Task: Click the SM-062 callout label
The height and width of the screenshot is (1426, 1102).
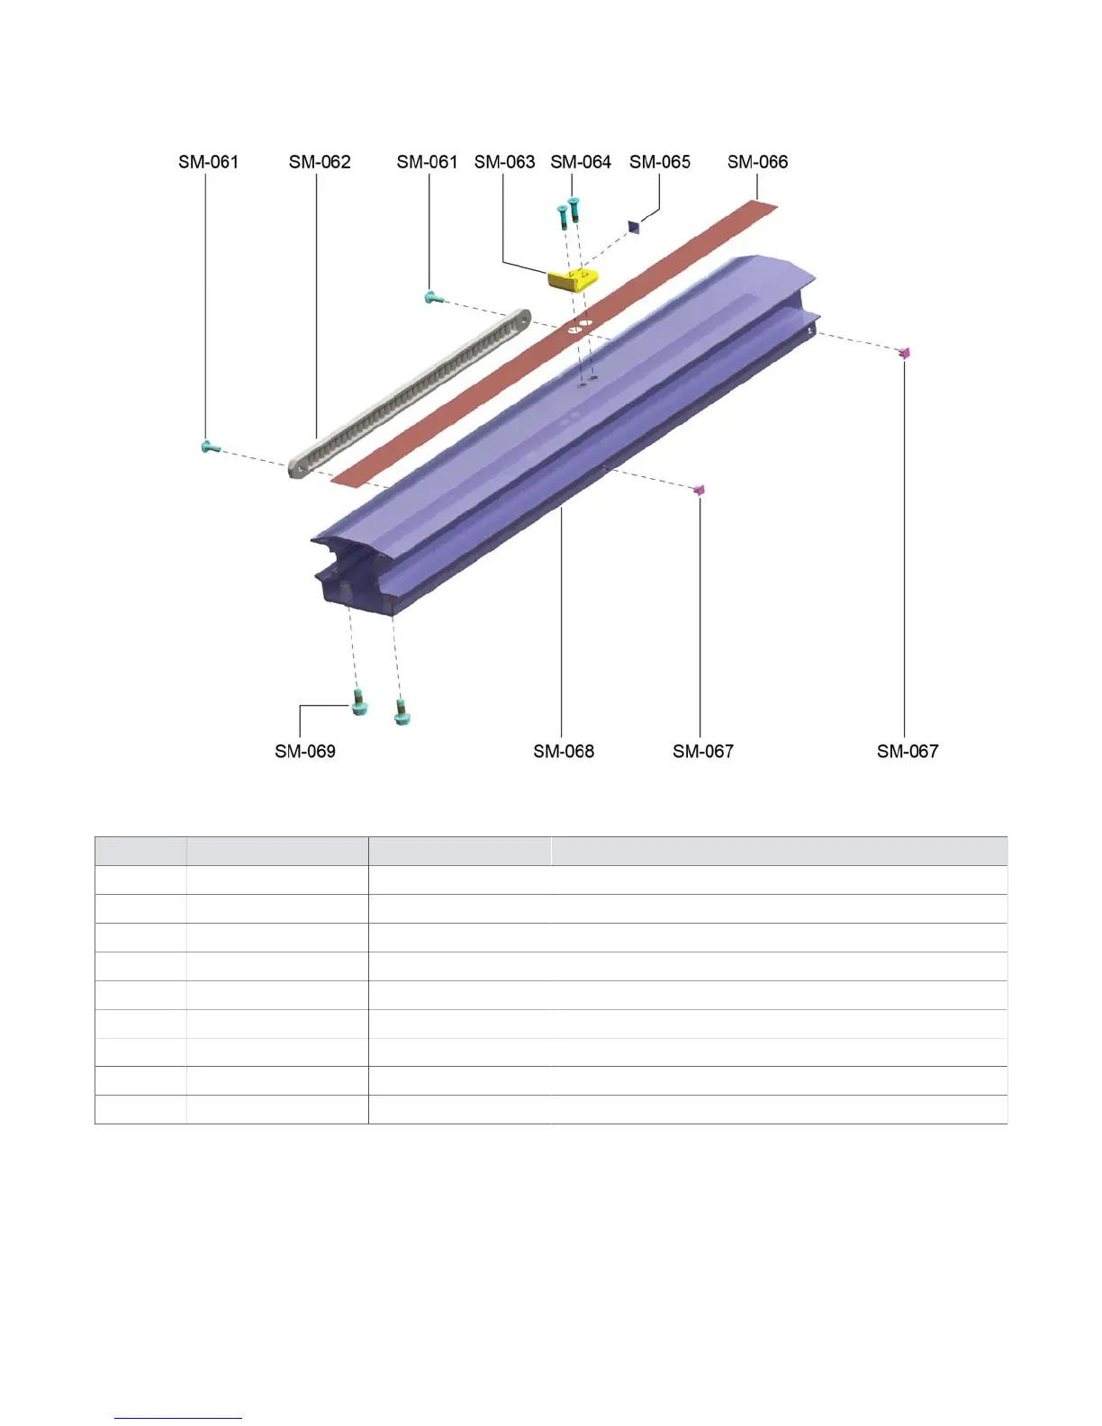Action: click(320, 162)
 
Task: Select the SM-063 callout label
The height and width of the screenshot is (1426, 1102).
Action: click(504, 162)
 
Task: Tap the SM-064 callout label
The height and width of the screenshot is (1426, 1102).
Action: click(580, 162)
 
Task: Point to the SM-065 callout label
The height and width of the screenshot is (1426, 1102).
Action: click(660, 162)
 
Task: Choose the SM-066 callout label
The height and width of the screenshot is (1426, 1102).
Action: click(757, 162)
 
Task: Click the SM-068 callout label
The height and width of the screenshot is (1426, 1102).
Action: click(563, 752)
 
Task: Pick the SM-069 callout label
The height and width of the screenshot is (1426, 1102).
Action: click(304, 752)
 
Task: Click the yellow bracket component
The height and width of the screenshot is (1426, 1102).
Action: click(573, 279)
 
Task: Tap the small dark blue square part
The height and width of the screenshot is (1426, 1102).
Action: click(633, 227)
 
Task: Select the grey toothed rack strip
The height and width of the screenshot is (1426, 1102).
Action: click(409, 393)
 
